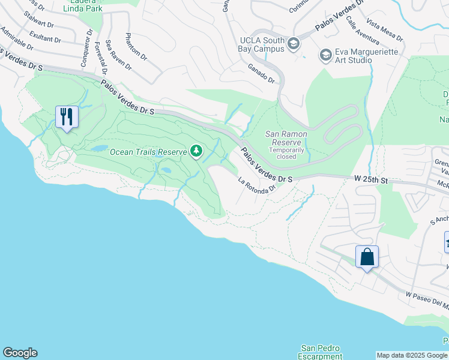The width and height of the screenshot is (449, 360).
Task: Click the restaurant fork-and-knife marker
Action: pyautogui.click(x=67, y=116)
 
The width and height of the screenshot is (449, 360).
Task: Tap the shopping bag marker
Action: pyautogui.click(x=367, y=257)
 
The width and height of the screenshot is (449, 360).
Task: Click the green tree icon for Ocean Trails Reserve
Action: pyautogui.click(x=196, y=151)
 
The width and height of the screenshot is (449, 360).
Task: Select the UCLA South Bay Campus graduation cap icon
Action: pyautogui.click(x=294, y=44)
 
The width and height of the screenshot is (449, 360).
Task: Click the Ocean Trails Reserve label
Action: pyautogui.click(x=148, y=152)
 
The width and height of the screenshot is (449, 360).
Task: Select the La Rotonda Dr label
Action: pyautogui.click(x=256, y=185)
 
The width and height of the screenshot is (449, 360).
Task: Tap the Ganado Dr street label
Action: pyautogui.click(x=261, y=73)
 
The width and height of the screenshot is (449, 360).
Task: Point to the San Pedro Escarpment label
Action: pyautogui.click(x=320, y=352)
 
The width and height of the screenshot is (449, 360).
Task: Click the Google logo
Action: pyautogui.click(x=20, y=353)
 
